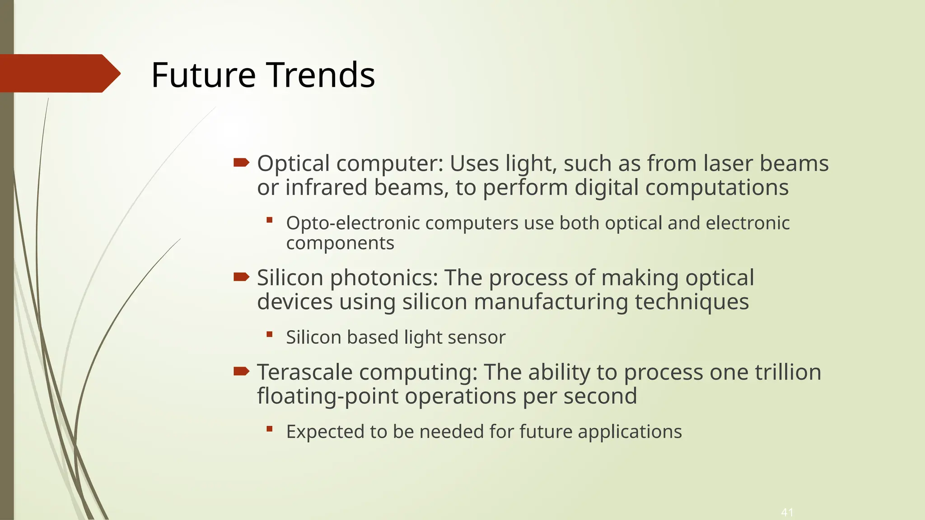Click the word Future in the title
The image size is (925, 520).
[x=203, y=75]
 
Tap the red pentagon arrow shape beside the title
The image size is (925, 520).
[x=59, y=73]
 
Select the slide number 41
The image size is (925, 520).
[x=787, y=512]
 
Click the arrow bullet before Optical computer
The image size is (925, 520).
[x=242, y=162]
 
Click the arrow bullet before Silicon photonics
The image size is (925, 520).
[x=242, y=277]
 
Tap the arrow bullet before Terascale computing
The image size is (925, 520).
[x=242, y=371]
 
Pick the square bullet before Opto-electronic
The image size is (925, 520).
[x=270, y=220]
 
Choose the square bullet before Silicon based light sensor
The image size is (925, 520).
[x=270, y=334]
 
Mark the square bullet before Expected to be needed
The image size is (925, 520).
[x=270, y=429]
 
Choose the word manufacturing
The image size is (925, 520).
[x=551, y=302]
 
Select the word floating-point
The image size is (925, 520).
[x=327, y=397]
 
